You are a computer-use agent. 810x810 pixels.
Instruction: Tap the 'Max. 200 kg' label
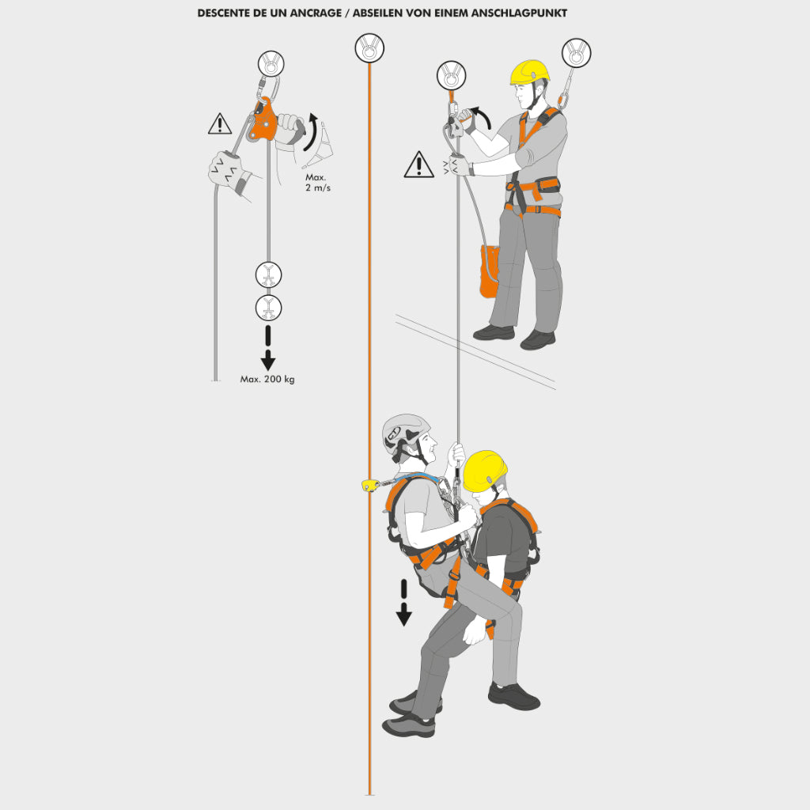267,379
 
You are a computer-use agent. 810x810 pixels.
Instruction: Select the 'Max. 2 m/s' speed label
317,183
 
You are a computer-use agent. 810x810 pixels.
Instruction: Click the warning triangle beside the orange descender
220,124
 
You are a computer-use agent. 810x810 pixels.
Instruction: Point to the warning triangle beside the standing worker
418,165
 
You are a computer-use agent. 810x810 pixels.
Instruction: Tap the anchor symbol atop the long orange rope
369,48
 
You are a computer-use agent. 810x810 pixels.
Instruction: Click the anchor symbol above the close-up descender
271,64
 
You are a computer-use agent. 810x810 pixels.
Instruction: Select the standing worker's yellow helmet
529,72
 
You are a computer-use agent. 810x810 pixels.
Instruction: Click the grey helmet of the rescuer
406,431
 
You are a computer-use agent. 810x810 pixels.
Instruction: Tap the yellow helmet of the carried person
485,471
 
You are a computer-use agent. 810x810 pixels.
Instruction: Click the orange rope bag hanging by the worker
489,271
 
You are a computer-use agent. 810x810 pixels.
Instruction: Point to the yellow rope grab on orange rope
370,485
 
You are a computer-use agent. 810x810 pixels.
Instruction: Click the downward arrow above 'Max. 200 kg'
267,348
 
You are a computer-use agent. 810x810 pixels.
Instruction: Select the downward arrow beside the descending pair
403,603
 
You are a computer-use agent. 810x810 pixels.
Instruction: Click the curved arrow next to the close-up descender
310,132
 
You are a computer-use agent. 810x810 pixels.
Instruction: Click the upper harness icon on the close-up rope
269,274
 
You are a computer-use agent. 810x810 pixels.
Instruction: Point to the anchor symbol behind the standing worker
576,53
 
